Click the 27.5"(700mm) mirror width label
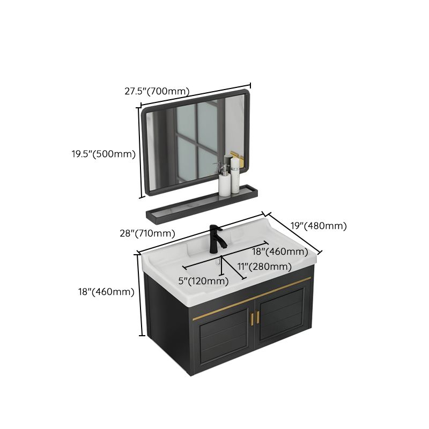157,91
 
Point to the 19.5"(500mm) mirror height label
103,154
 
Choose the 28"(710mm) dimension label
148,233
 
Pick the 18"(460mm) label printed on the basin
280,252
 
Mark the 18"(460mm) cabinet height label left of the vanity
105,292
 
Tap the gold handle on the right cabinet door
257,316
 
